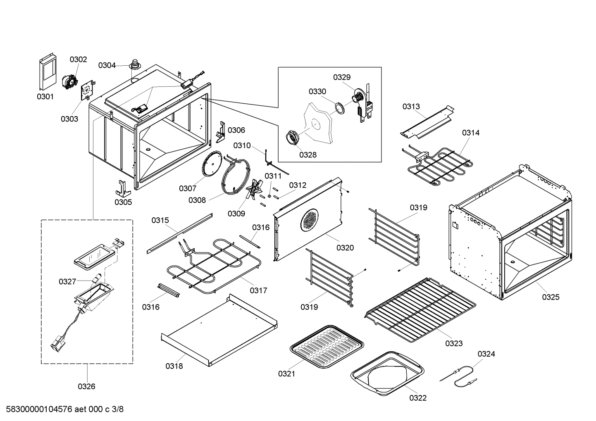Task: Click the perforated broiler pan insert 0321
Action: pos(327,345)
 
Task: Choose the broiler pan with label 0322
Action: pos(388,373)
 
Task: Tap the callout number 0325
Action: pos(551,297)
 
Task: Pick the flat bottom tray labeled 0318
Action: pos(219,331)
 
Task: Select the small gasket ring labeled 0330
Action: pos(339,108)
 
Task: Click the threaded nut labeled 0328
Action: pos(293,137)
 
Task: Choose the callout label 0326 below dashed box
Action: pos(86,387)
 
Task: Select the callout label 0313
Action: pos(411,107)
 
